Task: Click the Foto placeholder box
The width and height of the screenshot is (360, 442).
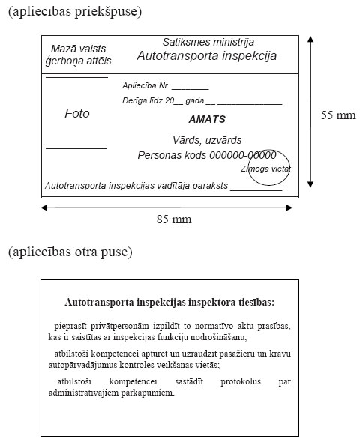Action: (x=76, y=113)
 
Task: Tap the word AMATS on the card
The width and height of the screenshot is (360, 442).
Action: (x=207, y=119)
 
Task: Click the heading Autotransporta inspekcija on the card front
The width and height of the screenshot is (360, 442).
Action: (x=206, y=56)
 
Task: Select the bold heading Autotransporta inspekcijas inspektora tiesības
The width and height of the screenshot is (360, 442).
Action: (x=170, y=303)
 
